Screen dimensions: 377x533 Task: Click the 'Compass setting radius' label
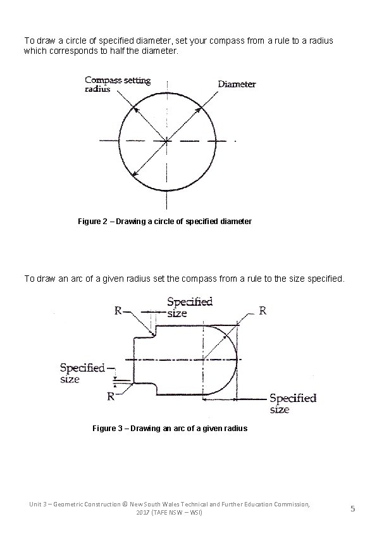pyautogui.click(x=118, y=84)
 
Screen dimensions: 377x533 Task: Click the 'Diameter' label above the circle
pyautogui.click(x=237, y=84)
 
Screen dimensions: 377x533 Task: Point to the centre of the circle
pyautogui.click(x=167, y=141)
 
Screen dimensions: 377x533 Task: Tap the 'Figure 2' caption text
pyautogui.click(x=164, y=222)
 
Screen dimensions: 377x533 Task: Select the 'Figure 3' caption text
pyautogui.click(x=170, y=429)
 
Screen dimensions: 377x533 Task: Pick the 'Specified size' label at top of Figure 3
pyautogui.click(x=190, y=307)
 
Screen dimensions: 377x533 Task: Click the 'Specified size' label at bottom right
pyautogui.click(x=292, y=403)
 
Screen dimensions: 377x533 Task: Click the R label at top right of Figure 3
pyautogui.click(x=263, y=311)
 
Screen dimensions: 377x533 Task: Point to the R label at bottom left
pyautogui.click(x=111, y=397)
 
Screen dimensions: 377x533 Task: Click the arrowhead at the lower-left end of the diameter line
pyautogui.click(x=132, y=174)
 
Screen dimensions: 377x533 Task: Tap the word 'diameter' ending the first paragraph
pyautogui.click(x=163, y=50)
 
